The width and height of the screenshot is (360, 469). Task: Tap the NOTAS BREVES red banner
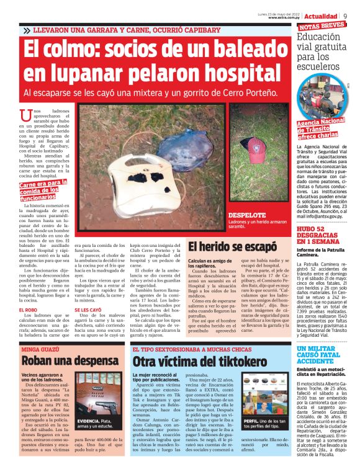point(322,26)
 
